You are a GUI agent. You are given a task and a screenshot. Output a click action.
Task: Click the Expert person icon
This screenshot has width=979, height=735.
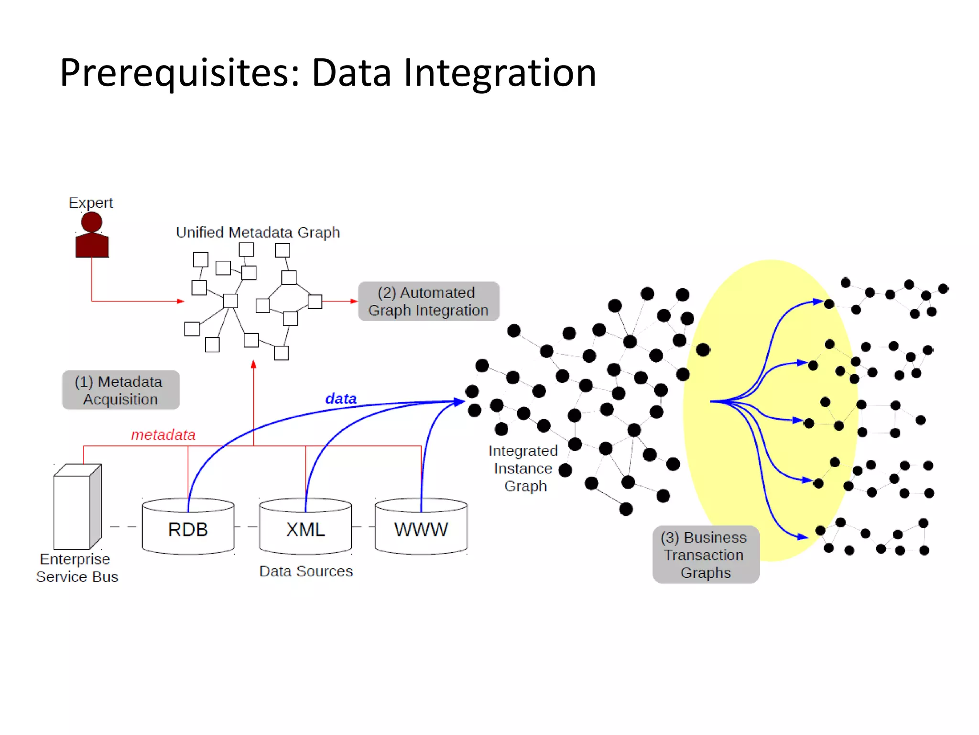click(x=92, y=235)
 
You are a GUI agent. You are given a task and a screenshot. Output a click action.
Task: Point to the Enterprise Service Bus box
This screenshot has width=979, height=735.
click(x=76, y=507)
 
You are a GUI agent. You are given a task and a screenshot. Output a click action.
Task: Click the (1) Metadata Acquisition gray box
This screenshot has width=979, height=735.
click(x=120, y=390)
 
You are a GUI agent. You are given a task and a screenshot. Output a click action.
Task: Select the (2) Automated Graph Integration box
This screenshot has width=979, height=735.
click(x=428, y=301)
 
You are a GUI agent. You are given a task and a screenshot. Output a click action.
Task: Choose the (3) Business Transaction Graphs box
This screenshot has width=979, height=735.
click(x=706, y=555)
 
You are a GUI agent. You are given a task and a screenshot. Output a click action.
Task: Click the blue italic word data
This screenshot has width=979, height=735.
click(x=341, y=399)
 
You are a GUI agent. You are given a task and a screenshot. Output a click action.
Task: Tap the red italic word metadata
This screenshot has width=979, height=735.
click(x=163, y=434)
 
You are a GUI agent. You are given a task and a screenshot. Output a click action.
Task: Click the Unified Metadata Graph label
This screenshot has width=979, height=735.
click(x=258, y=233)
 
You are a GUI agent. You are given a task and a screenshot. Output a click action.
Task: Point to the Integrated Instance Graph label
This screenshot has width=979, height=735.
click(x=523, y=468)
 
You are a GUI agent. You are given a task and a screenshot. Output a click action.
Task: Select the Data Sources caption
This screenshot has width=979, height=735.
click(x=306, y=571)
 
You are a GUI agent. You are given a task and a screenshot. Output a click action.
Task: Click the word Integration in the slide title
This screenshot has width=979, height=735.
click(x=500, y=73)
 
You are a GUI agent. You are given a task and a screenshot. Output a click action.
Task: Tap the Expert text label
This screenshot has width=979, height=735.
click(x=90, y=202)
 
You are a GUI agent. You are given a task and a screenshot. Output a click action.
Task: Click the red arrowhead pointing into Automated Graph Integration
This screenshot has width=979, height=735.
click(x=354, y=301)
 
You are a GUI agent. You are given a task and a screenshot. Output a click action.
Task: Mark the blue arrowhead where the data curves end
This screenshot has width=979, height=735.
click(x=459, y=401)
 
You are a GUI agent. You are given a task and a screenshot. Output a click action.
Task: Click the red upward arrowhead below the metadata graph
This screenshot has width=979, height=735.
click(x=253, y=365)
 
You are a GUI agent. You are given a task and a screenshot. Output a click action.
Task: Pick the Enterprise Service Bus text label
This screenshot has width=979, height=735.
click(x=76, y=568)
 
